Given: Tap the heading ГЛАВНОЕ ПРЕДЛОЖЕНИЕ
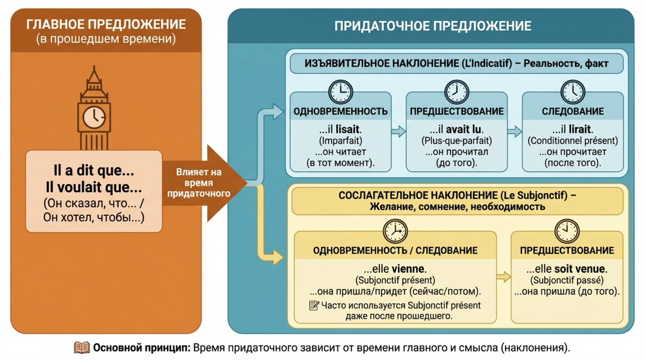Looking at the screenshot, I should [106, 24].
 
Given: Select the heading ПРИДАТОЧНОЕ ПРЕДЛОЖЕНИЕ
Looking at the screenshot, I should [432, 25].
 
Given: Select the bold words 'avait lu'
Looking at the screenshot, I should [464, 130].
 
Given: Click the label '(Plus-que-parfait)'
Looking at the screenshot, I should [457, 141].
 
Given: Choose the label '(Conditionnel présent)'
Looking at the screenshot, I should [572, 141].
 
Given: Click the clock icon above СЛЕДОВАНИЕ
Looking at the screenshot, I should [572, 92].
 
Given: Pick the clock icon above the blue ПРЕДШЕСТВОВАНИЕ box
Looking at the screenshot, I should [457, 92].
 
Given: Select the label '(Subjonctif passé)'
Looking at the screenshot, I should [567, 281].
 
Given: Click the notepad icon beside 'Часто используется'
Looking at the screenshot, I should [314, 305].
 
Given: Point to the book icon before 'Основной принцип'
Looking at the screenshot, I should [82, 348].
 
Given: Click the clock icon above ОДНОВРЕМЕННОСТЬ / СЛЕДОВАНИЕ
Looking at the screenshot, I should [395, 231].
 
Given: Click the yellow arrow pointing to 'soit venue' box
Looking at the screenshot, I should [503, 276].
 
